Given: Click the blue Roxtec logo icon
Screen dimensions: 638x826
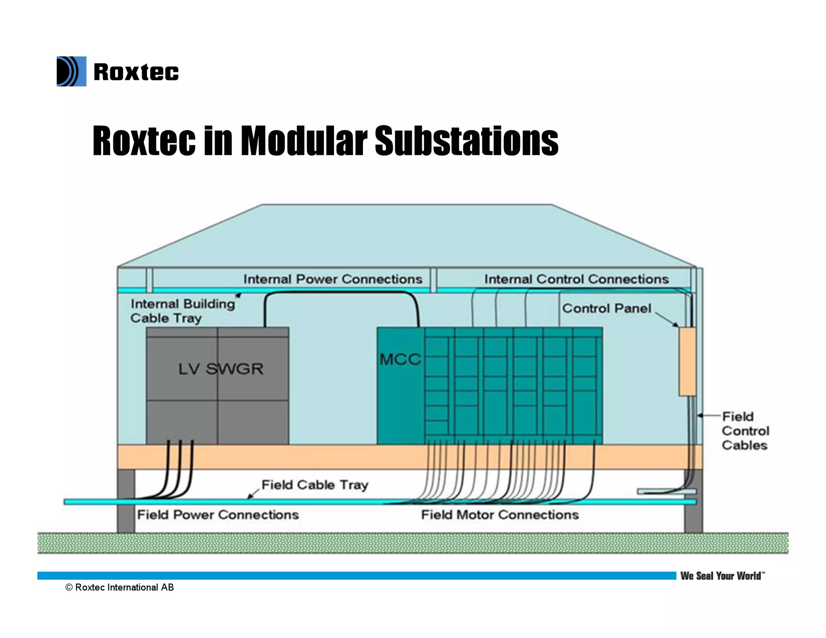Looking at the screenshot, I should [x=71, y=71].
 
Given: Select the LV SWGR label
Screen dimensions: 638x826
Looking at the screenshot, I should [x=221, y=369].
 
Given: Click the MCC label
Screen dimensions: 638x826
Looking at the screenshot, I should [x=400, y=359].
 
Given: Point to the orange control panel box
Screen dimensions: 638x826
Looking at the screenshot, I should [x=687, y=361].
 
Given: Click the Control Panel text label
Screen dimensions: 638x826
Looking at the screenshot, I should [x=607, y=309].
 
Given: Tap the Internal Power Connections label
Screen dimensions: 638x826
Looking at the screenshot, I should [x=333, y=279].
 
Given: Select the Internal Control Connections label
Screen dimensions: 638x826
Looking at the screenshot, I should [x=576, y=279].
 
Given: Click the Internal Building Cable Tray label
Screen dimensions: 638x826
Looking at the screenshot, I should [x=182, y=311].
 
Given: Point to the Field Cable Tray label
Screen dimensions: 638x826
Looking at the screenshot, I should [x=315, y=484].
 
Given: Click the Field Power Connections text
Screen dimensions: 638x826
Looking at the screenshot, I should [x=218, y=515].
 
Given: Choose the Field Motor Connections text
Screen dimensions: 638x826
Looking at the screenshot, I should [x=500, y=515].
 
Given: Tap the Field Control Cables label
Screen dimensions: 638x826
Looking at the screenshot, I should [x=745, y=431].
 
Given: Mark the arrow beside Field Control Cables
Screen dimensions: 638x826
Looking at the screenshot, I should [x=708, y=415].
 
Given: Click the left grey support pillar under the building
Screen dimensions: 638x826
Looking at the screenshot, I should [x=126, y=500].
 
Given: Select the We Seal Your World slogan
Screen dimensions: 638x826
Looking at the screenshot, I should [x=722, y=576].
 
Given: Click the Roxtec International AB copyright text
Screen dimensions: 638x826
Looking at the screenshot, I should [x=120, y=588].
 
